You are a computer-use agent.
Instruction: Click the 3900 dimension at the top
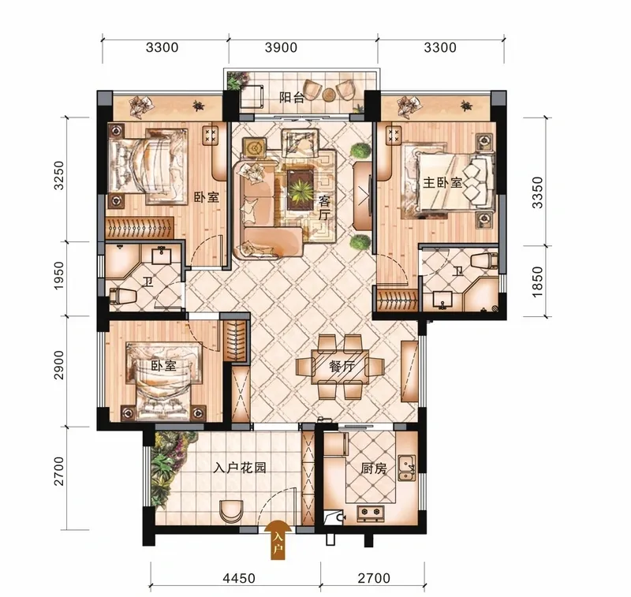281,47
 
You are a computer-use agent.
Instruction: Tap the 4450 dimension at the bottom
239,579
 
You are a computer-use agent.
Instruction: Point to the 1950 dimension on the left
58,275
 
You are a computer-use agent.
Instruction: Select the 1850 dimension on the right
538,282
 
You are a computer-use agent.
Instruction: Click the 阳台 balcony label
292,97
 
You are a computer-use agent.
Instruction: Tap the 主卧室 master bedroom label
442,183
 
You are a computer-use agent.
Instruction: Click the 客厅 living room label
324,207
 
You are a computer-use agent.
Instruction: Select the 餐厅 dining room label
342,366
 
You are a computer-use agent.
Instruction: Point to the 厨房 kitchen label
374,468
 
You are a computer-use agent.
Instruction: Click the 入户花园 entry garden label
240,468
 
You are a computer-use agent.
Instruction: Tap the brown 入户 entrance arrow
278,539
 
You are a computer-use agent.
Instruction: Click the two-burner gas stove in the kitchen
370,512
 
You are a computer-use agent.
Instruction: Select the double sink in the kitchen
406,468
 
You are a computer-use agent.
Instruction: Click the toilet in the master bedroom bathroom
484,261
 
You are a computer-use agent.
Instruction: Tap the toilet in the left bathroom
123,296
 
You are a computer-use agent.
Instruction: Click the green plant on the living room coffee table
301,190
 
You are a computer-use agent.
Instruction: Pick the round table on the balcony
329,94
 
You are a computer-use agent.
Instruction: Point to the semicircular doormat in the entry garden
232,509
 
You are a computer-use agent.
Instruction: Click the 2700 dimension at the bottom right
373,579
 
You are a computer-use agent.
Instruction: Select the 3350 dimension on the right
538,192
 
